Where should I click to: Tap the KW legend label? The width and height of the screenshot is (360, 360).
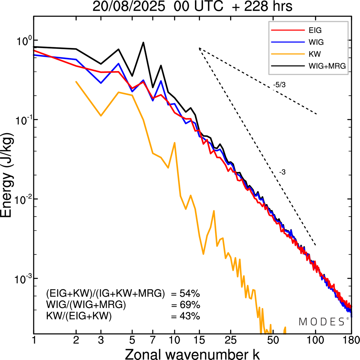(315, 54)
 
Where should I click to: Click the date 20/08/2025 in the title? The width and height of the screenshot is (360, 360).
(129, 6)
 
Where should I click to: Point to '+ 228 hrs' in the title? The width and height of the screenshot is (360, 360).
(262, 6)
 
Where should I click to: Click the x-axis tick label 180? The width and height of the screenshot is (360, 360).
(351, 340)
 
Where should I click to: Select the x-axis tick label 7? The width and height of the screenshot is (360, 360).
(153, 340)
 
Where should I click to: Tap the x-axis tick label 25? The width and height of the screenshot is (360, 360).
(230, 340)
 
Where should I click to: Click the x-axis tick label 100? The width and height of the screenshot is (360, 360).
(315, 340)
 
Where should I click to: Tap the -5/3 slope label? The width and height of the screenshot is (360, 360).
(279, 85)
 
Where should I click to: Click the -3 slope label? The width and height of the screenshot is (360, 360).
(282, 172)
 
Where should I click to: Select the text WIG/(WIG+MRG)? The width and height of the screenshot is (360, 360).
(86, 305)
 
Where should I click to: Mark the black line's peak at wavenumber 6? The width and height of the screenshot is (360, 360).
(143, 43)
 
